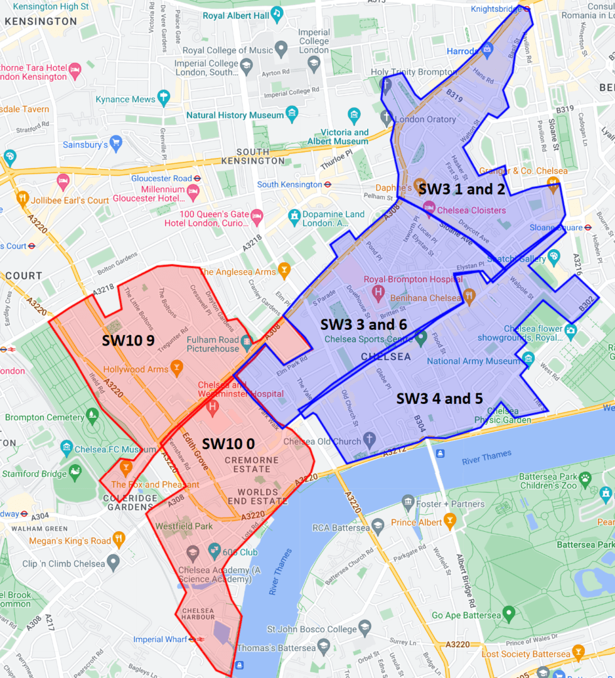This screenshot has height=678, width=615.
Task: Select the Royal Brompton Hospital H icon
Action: pos(378,292)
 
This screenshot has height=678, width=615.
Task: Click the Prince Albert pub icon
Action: pos(449,521)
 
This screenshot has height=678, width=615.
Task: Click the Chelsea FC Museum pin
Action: pos(67,447)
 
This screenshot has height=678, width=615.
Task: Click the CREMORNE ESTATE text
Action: pos(251,465)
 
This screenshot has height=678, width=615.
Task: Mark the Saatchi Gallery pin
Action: pos(553,255)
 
